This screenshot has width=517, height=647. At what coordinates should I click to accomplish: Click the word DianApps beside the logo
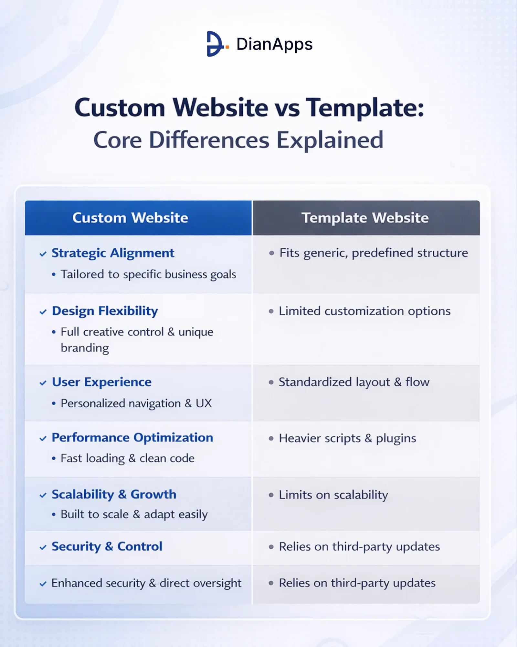(x=274, y=44)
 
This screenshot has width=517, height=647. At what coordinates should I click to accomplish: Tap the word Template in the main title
(x=365, y=108)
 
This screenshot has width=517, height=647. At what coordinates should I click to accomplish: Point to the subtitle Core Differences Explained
(x=238, y=140)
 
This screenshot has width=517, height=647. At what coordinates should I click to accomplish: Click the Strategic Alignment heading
(x=113, y=253)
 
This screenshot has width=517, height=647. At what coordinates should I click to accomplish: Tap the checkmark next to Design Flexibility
(x=43, y=312)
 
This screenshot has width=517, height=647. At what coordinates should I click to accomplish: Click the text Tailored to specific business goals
(x=148, y=275)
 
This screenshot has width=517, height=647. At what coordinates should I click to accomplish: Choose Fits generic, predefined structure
(x=374, y=253)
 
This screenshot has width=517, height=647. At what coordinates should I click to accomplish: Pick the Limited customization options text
(x=364, y=311)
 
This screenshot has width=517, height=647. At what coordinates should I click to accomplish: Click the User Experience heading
(x=101, y=382)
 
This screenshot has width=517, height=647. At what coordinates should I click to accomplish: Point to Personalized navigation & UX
(x=136, y=403)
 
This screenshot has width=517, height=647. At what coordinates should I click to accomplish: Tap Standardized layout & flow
(x=354, y=382)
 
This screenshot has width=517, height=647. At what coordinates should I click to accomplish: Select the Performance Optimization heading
(x=132, y=438)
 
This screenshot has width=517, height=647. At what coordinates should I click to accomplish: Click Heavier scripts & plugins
(x=347, y=439)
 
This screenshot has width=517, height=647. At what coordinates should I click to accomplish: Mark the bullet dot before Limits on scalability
(x=271, y=495)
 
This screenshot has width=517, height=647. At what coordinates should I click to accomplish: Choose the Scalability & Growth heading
(x=114, y=495)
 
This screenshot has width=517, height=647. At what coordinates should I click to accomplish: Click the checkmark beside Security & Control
(x=43, y=547)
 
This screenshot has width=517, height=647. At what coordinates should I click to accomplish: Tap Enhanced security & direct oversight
(x=146, y=583)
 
